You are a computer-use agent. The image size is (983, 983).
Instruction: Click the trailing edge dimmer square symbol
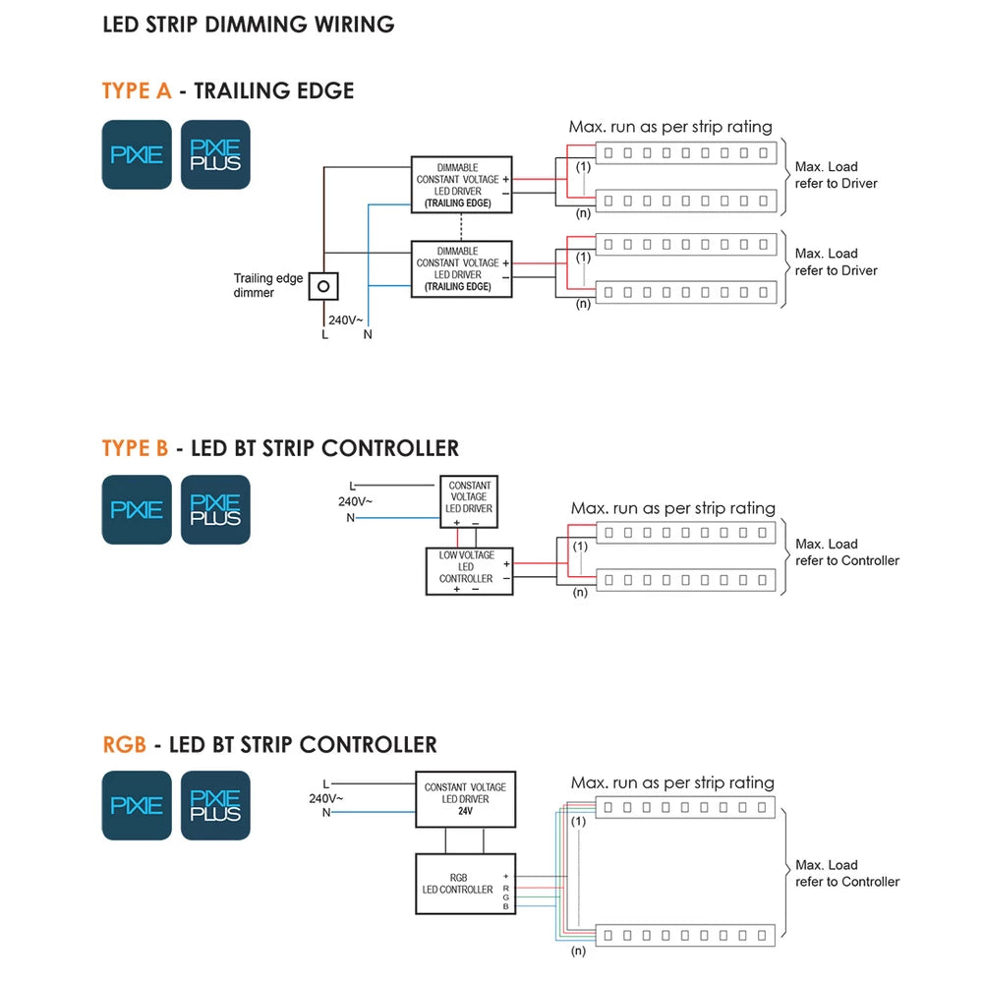[323, 286]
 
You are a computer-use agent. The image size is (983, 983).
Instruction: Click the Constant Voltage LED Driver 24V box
[465, 799]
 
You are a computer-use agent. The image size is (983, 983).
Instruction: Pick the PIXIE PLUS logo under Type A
[215, 154]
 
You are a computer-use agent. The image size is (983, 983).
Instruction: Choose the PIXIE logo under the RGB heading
[137, 805]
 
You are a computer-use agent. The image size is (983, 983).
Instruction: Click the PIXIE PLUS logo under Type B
[215, 509]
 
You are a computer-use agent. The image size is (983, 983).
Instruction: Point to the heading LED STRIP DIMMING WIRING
[248, 25]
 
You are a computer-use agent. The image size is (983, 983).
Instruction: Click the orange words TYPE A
[137, 91]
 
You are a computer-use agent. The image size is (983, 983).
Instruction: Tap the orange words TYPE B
[135, 448]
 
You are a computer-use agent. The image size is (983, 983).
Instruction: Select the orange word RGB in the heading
[124, 744]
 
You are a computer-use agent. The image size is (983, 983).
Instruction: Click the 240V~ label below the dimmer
[345, 318]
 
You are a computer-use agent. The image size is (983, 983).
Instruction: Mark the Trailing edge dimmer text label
[268, 285]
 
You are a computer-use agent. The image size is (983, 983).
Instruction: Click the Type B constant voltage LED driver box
[469, 502]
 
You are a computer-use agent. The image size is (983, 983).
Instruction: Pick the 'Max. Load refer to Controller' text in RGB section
[847, 873]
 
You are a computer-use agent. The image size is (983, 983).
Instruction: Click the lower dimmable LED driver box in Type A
[461, 268]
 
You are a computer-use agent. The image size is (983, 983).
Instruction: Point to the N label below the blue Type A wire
[368, 334]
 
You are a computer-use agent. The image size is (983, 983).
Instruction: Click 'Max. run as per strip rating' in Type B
[672, 508]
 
